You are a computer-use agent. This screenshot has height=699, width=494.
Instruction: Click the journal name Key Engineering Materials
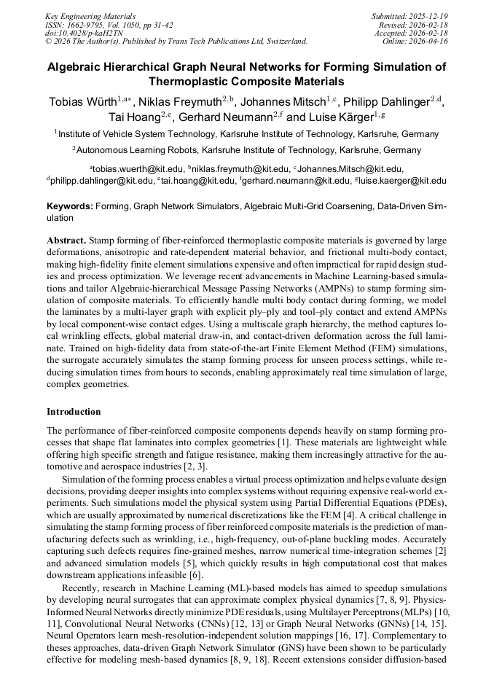(90, 15)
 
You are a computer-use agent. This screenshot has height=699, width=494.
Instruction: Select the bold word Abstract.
(67, 240)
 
